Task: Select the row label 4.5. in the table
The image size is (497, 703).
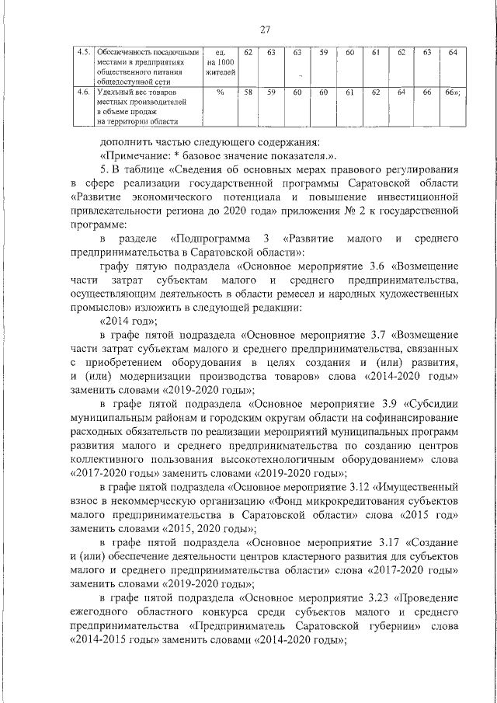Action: (x=79, y=52)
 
